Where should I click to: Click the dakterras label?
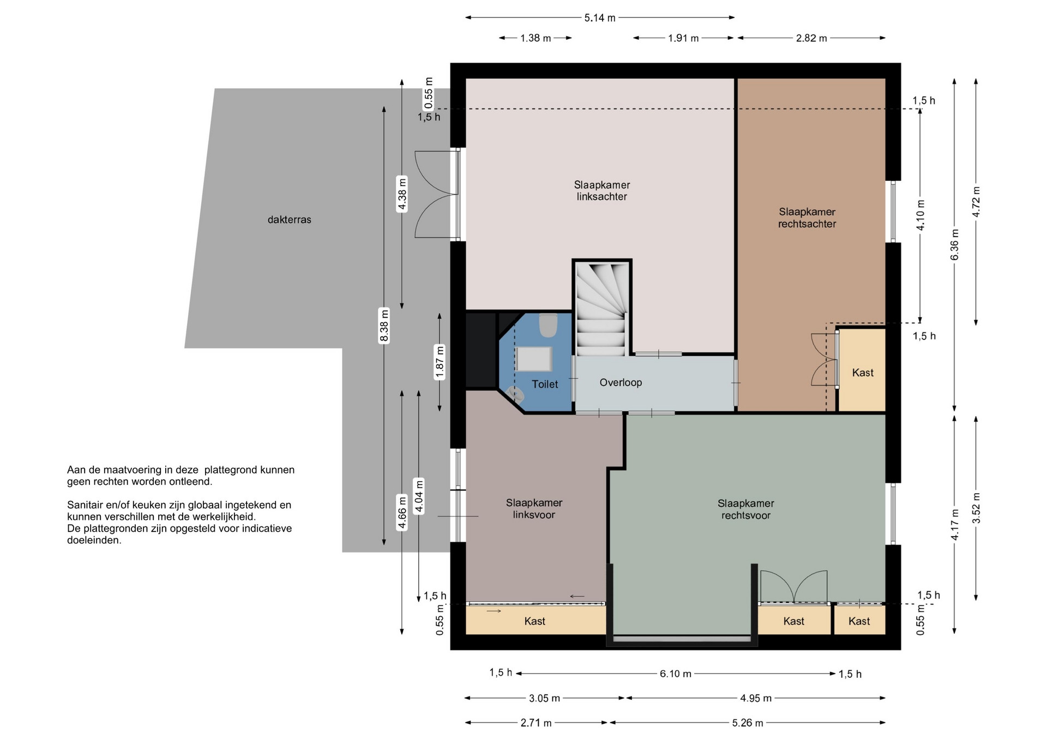[x=289, y=220]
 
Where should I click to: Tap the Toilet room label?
[x=545, y=384]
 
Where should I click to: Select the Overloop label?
[x=621, y=383]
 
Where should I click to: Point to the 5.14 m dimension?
[x=600, y=17]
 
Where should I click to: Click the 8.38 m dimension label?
[x=384, y=325]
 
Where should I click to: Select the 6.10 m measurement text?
[x=676, y=674]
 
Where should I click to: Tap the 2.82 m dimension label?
[x=811, y=38]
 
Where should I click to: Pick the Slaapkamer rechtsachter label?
[x=807, y=217]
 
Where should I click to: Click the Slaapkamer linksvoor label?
[x=534, y=508]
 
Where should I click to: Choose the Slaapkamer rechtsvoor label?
[x=746, y=509]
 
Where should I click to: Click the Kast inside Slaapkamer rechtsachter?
[x=863, y=373]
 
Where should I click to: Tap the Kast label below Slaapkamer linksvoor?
[x=535, y=621]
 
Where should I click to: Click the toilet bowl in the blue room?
[x=548, y=325]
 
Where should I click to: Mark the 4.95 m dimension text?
[x=756, y=698]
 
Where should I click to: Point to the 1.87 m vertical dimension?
[x=440, y=362]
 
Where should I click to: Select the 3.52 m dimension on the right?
[x=976, y=508]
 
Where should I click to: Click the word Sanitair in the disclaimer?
[x=86, y=505]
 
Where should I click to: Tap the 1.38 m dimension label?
[x=535, y=38]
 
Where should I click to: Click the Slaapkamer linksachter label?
[x=602, y=191]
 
